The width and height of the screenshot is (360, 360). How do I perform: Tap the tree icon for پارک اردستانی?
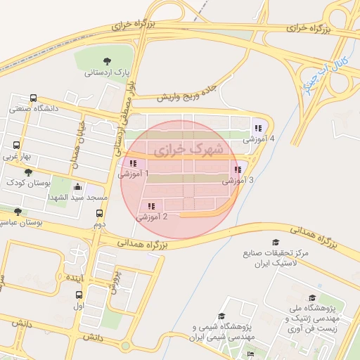(x=107, y=61)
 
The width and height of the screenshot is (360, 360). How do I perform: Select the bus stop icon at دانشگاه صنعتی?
(x=33, y=98)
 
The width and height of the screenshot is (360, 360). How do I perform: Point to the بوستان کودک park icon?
(x=27, y=172)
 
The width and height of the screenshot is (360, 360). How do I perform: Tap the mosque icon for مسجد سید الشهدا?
(x=77, y=188)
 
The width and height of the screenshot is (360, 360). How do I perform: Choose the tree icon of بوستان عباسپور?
(x=18, y=212)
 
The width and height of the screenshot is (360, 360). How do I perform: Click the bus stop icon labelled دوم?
(x=98, y=214)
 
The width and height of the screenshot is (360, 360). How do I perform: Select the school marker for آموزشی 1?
(x=133, y=163)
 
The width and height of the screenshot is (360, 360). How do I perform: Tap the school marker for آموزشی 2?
(x=151, y=206)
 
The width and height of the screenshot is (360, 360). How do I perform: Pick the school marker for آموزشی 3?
(x=238, y=169)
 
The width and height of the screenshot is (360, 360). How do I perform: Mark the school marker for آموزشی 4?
(x=258, y=128)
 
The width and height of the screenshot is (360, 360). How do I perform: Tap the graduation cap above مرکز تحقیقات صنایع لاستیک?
(x=265, y=242)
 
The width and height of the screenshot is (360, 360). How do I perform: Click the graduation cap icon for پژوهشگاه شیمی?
(x=221, y=316)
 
